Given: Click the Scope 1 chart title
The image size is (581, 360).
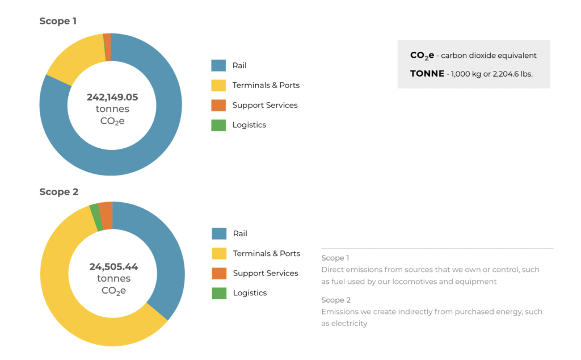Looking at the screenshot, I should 58,21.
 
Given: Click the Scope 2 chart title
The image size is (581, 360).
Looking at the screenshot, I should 58,192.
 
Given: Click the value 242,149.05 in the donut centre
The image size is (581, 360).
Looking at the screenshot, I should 112,97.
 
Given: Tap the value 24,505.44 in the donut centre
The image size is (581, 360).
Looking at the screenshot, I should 113,266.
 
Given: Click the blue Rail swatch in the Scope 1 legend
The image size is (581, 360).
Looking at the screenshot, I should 218,65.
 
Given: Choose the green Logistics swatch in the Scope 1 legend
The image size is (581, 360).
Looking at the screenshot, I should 218,125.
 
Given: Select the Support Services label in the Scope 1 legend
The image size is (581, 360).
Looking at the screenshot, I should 265,105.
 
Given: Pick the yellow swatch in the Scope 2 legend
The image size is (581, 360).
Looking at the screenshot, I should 219,253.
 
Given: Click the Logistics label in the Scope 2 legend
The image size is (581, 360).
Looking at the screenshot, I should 250,293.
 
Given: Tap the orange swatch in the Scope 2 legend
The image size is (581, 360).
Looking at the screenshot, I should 219,273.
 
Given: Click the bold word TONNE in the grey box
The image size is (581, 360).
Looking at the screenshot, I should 427,74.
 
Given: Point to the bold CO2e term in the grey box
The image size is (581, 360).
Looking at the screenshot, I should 422,56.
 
